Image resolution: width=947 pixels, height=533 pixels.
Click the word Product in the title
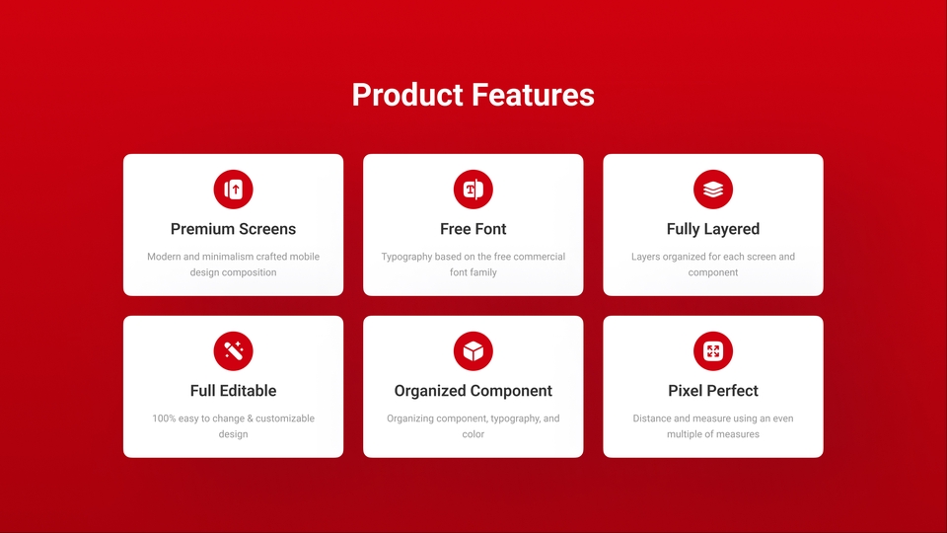coord(407,95)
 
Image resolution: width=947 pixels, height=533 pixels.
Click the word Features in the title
coord(533,95)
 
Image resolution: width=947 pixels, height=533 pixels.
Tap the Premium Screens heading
coord(233,229)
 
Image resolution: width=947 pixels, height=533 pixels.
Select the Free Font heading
coord(473,229)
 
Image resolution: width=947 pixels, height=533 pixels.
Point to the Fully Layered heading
coord(713,229)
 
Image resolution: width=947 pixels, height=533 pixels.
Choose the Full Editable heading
coord(233,391)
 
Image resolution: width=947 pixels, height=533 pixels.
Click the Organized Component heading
coord(473,391)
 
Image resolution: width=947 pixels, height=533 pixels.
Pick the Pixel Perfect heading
coord(713,391)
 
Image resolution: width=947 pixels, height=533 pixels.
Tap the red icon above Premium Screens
coord(233,190)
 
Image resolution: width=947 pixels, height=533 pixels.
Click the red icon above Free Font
coord(473,190)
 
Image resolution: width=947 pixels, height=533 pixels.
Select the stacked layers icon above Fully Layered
coord(713,190)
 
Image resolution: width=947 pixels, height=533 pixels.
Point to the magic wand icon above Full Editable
coord(233,351)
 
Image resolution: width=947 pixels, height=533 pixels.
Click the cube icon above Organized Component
coord(473,351)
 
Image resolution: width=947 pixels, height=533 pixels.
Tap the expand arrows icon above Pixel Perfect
coord(713,351)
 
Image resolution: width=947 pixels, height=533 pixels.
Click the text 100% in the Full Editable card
coord(164,419)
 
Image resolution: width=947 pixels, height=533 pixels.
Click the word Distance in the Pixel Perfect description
coord(653,419)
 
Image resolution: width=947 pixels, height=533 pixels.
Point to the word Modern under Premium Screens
coord(164,257)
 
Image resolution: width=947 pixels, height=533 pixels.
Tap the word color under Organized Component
coord(473,434)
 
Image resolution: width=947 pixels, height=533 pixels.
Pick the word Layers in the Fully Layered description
coord(646,257)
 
